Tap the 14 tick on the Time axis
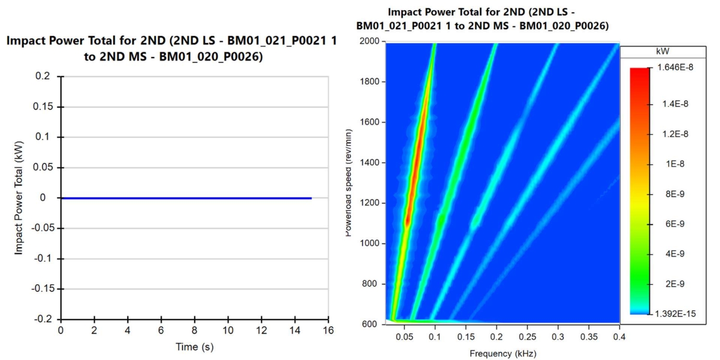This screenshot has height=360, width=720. (x=295, y=331)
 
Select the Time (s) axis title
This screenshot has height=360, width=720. (x=194, y=347)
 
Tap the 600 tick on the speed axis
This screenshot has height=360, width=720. (x=371, y=324)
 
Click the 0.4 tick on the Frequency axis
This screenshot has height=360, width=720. (x=619, y=337)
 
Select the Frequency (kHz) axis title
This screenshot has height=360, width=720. (x=503, y=354)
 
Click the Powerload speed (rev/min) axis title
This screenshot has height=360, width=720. (x=349, y=182)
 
